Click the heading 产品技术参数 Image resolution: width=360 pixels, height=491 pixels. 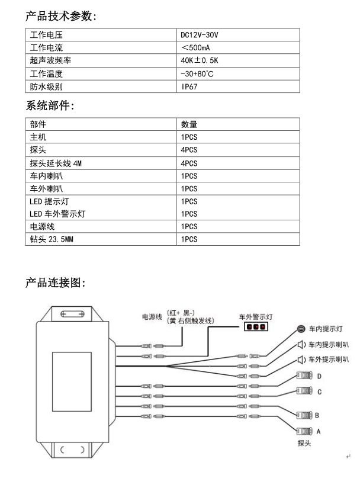[61, 16]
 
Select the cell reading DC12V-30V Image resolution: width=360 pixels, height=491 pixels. [200, 35]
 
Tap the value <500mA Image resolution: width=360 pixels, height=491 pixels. [195, 47]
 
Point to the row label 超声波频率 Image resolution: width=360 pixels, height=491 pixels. [50, 60]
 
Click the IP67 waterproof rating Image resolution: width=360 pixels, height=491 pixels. [189, 86]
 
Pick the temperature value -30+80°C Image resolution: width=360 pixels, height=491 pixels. [197, 73]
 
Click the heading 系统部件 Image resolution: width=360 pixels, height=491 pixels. [50, 105]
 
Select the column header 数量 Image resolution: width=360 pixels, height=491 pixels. [189, 124]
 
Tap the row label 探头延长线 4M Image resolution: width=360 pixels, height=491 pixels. [56, 163]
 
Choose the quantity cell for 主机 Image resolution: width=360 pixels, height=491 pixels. [189, 137]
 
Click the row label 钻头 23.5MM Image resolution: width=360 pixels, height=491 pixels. [52, 239]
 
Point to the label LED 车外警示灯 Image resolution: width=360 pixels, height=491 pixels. [57, 214]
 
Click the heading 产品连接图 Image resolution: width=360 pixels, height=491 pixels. [56, 283]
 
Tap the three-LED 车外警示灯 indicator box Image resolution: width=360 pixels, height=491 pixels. [256, 326]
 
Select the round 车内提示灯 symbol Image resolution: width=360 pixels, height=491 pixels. [301, 329]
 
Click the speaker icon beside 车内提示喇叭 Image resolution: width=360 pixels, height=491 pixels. [301, 345]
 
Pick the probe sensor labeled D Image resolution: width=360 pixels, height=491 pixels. [304, 375]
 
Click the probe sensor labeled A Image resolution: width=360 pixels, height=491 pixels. [304, 431]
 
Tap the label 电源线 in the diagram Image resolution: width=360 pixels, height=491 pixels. [152, 317]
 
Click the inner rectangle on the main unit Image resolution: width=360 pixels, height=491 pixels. [72, 381]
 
